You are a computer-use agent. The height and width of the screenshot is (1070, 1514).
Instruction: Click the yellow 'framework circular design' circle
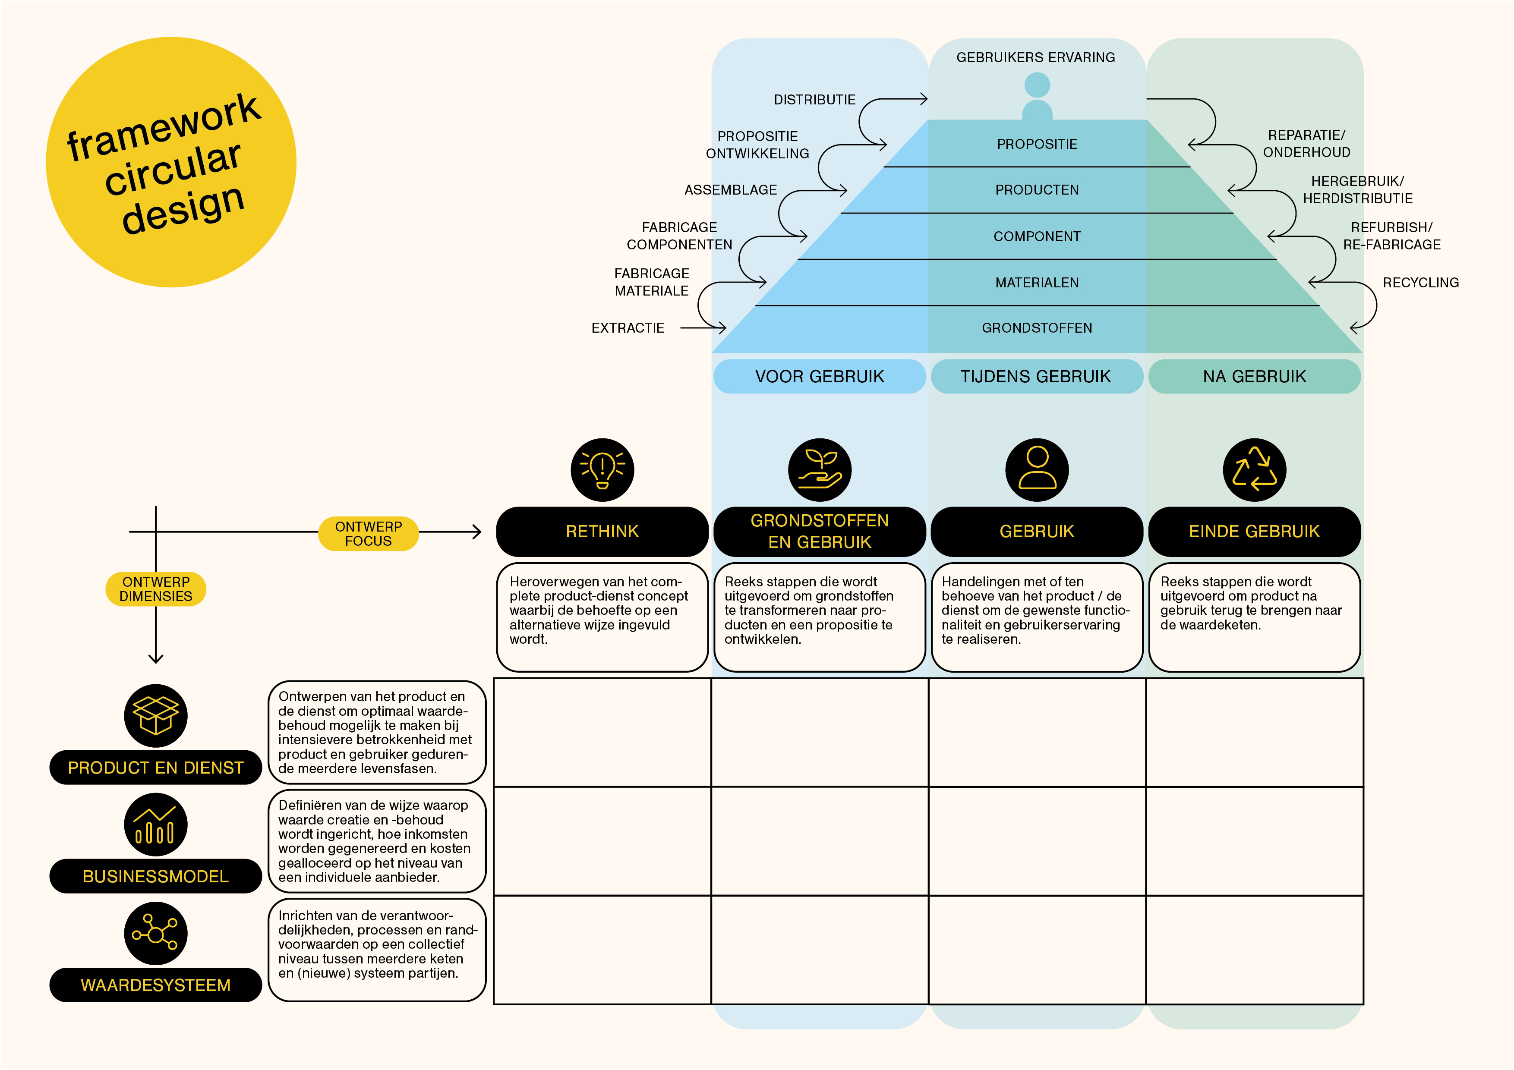(x=171, y=162)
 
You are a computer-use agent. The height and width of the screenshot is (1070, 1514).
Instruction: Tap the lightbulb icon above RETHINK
(x=602, y=469)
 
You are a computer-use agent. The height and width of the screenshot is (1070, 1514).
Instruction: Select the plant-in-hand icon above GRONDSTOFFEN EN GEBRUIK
(x=820, y=469)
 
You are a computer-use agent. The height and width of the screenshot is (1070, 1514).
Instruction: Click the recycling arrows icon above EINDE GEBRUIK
(x=1254, y=469)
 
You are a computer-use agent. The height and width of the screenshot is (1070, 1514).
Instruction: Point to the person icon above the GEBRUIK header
(x=1037, y=469)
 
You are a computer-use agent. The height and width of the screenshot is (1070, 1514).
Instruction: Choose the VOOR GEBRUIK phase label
(x=819, y=377)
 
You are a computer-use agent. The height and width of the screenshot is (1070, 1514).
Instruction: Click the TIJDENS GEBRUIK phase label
(x=1036, y=377)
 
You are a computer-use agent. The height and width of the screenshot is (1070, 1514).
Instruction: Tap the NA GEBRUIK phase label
(x=1254, y=377)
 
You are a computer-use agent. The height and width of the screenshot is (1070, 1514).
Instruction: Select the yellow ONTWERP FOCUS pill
(x=368, y=533)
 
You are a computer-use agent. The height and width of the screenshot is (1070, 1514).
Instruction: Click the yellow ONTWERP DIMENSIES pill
(x=156, y=589)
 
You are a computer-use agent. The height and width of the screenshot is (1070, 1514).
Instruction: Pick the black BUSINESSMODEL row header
(x=156, y=876)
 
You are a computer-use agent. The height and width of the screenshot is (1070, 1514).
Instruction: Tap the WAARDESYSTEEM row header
(x=156, y=985)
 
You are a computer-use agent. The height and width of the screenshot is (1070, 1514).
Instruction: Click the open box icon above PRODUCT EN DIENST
(x=156, y=715)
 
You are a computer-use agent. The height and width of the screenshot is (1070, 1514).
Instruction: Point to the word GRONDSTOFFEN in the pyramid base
(x=1037, y=327)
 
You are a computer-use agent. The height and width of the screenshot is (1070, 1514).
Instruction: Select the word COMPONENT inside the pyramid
(x=1037, y=236)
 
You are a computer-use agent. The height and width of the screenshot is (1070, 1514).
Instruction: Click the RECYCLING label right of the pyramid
(x=1420, y=282)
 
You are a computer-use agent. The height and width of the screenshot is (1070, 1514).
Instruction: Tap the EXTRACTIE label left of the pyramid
(x=628, y=327)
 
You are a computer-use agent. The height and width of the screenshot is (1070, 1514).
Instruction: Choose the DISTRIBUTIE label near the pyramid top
(x=814, y=100)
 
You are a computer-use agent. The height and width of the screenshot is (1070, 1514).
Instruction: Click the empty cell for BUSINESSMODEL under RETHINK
(x=602, y=841)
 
